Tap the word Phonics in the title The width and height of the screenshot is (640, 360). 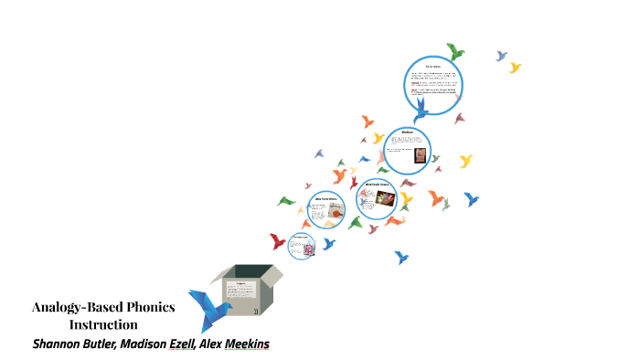pyautogui.click(x=147, y=307)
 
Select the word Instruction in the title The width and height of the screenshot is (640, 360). pyautogui.click(x=103, y=324)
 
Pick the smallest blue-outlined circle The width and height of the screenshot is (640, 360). pyautogui.click(x=302, y=246)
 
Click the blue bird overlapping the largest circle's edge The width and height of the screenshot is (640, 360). pyautogui.click(x=421, y=111)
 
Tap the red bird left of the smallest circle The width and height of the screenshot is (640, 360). pyautogui.click(x=278, y=241)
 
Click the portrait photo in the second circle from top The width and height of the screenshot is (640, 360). pyautogui.click(x=420, y=155)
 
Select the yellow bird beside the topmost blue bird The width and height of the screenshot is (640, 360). pyautogui.click(x=515, y=67)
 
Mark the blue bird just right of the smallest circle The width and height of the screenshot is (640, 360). pyautogui.click(x=327, y=244)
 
